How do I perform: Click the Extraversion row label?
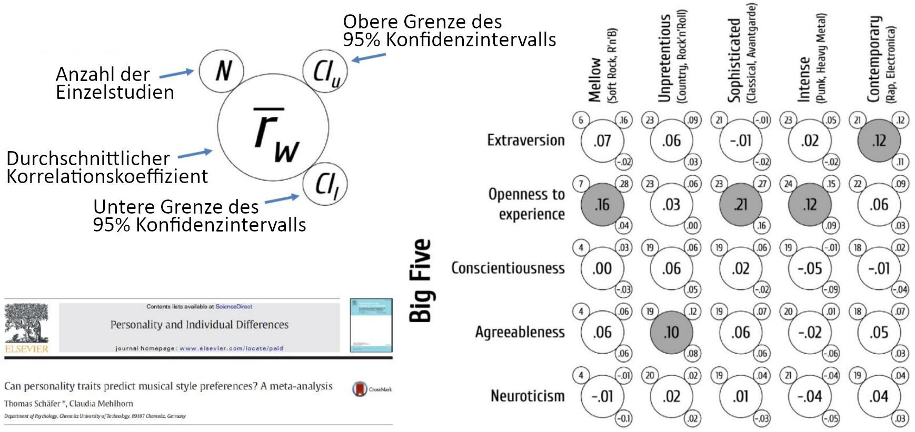click(x=525, y=140)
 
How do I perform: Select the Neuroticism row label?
click(x=528, y=396)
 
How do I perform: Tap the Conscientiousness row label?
click(x=508, y=268)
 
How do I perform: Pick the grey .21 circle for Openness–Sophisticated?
click(x=741, y=205)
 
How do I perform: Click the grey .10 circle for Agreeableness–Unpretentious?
click(x=671, y=333)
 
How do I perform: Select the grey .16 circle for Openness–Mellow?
click(x=602, y=205)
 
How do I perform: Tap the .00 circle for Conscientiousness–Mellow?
click(x=602, y=268)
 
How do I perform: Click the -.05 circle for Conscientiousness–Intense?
click(x=810, y=268)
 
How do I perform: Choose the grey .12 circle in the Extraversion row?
click(x=879, y=140)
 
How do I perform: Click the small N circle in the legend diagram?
click(x=222, y=71)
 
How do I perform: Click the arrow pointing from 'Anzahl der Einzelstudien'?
click(x=176, y=74)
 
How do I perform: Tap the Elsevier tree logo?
click(x=26, y=323)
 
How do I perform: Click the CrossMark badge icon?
click(x=360, y=389)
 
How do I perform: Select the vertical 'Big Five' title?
click(x=421, y=280)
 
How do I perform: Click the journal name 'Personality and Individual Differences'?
click(x=200, y=325)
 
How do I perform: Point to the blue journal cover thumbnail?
click(x=371, y=325)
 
